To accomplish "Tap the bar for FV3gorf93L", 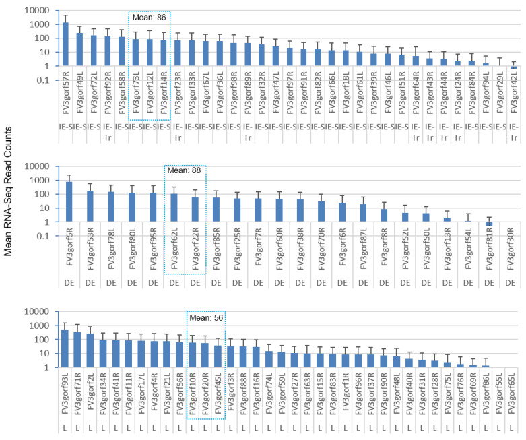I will click(65, 348).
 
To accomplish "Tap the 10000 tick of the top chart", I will click(39, 11).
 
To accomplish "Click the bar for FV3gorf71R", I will click(77, 350).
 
